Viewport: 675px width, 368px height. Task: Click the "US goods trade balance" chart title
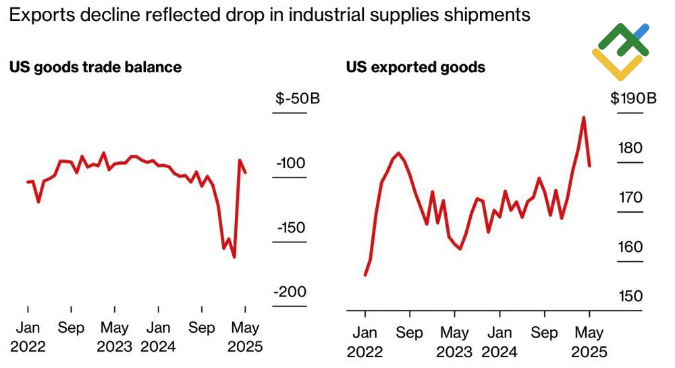pyautogui.click(x=95, y=67)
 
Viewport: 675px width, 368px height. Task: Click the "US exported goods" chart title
pyautogui.click(x=416, y=67)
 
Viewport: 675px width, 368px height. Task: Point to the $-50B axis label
pyautogui.click(x=297, y=99)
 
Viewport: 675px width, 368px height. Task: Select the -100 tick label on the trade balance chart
pyautogui.click(x=291, y=163)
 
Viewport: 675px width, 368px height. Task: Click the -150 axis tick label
pyautogui.click(x=291, y=228)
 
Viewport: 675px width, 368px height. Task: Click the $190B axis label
pyautogui.click(x=634, y=99)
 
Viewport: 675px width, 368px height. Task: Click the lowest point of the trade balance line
pyautogui.click(x=234, y=257)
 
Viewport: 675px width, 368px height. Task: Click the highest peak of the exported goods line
pyautogui.click(x=583, y=117)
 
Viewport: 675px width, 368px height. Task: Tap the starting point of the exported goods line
pyautogui.click(x=365, y=275)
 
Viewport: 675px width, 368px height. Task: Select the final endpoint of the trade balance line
pyautogui.click(x=245, y=173)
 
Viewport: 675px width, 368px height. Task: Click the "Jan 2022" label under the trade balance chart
pyautogui.click(x=28, y=338)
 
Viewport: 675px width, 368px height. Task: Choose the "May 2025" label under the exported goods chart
pyautogui.click(x=589, y=342)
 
